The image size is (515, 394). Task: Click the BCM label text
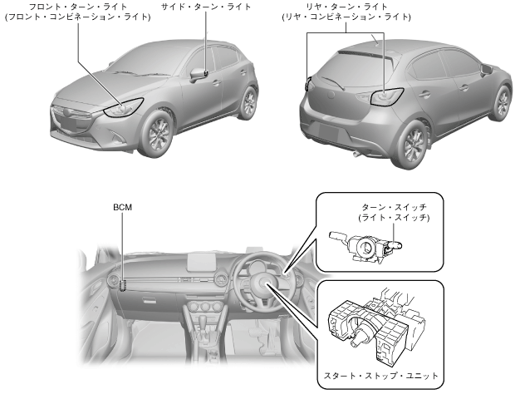click(x=122, y=205)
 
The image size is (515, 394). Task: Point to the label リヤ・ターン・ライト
click(x=358, y=6)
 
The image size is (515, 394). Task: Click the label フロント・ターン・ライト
click(x=78, y=6)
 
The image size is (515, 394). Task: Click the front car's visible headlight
click(x=123, y=107)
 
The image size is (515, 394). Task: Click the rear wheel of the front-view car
click(x=248, y=102)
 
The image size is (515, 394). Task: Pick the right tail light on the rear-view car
click(x=387, y=96)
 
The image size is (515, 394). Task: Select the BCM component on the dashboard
click(x=123, y=285)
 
